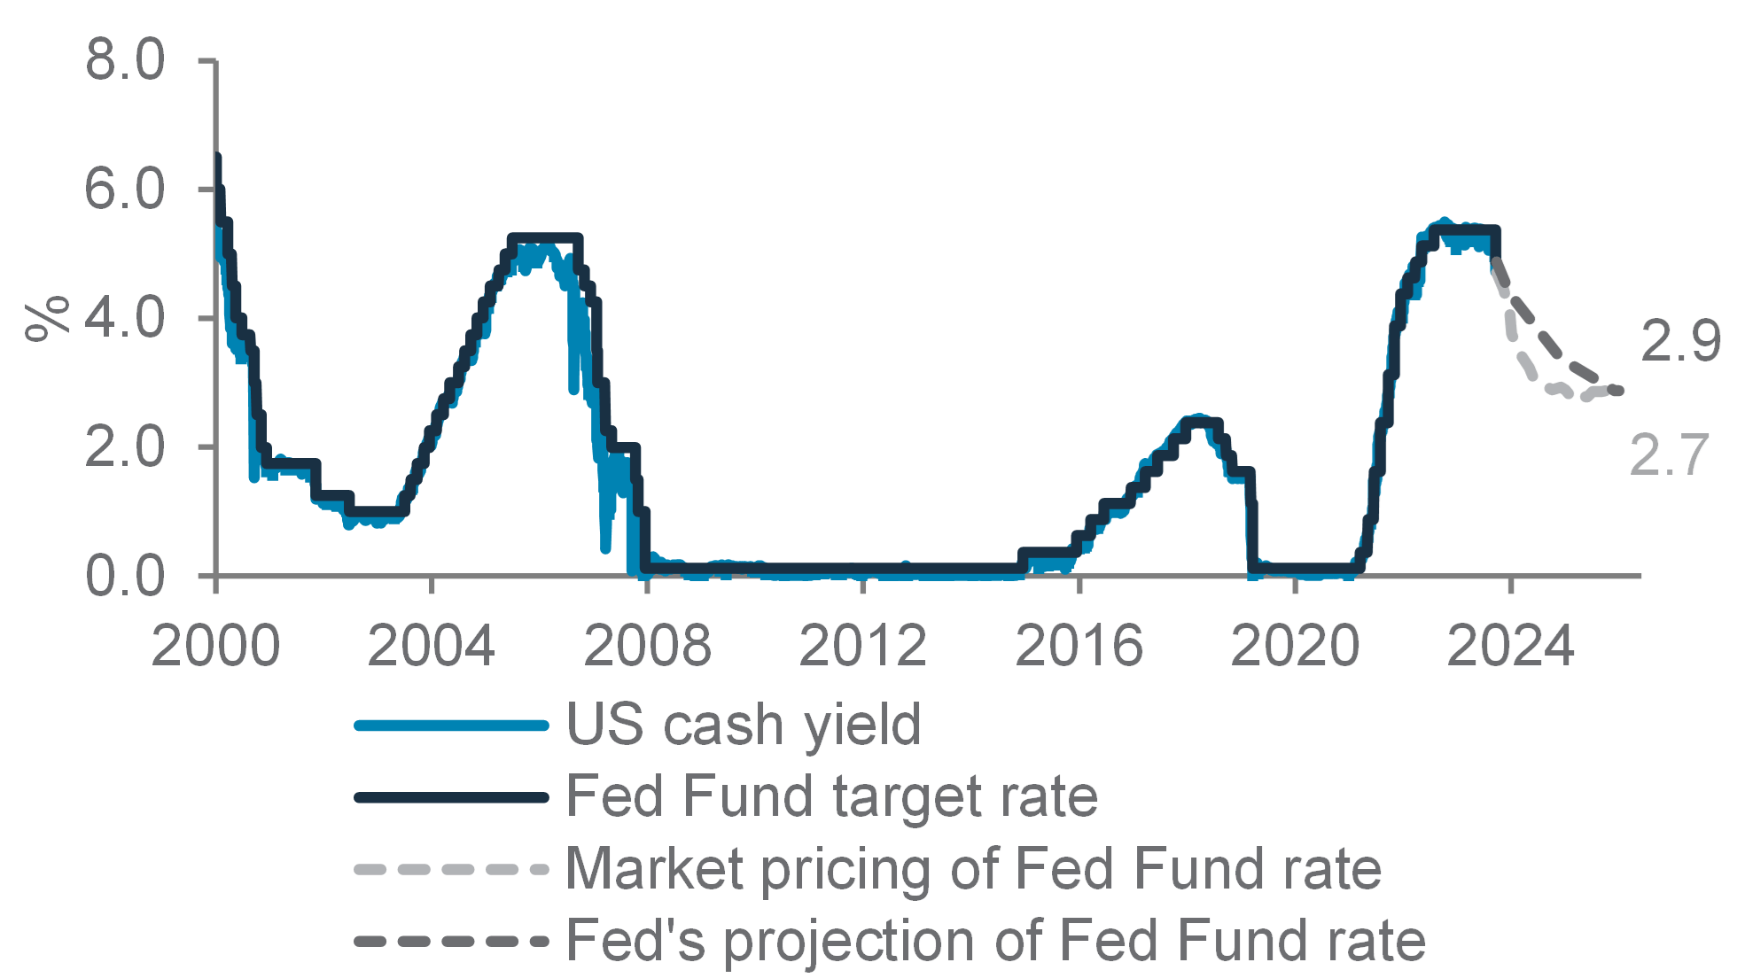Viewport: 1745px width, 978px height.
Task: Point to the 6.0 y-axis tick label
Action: point(125,189)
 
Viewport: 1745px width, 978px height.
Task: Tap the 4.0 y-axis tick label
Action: point(125,317)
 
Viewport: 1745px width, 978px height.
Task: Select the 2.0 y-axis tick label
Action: point(125,446)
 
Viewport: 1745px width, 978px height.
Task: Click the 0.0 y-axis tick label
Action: point(125,575)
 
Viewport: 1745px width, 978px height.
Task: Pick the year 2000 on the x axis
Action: point(215,645)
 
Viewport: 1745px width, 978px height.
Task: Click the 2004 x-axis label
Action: point(431,645)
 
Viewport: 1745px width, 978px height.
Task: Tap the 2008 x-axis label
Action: point(648,645)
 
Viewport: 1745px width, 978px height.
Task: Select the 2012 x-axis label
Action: point(863,645)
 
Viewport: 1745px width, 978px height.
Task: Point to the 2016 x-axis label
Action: point(1079,645)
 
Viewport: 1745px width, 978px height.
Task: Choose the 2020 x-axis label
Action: point(1296,645)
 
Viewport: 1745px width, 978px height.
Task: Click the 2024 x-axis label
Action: point(1511,645)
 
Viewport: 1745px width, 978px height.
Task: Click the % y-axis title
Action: point(48,318)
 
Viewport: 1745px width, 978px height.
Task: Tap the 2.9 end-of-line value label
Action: point(1680,341)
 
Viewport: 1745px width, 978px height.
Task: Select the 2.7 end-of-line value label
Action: point(1668,455)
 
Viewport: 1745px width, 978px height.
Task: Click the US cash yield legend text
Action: point(744,725)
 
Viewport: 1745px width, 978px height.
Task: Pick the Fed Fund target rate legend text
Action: point(832,796)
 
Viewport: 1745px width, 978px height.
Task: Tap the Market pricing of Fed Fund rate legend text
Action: point(974,868)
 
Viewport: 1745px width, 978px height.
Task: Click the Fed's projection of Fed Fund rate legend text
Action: point(996,940)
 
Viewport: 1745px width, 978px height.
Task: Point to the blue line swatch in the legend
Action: point(452,726)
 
